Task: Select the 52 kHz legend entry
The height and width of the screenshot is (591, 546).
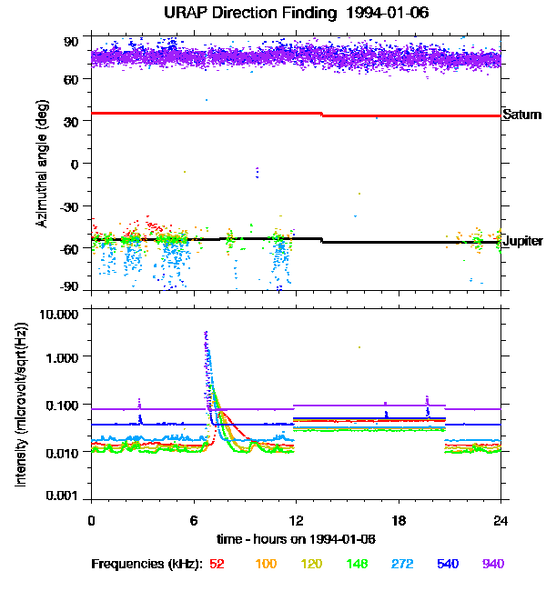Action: (217, 564)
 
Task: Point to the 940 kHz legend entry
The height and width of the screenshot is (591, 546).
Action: (494, 564)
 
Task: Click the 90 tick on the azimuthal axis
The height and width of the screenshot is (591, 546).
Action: (70, 41)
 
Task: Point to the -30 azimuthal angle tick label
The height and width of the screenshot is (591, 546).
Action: (67, 206)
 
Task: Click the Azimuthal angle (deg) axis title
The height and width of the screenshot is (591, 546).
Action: (41, 165)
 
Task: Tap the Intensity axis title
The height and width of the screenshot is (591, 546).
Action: (20, 405)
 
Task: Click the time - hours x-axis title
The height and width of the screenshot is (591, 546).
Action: (296, 539)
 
